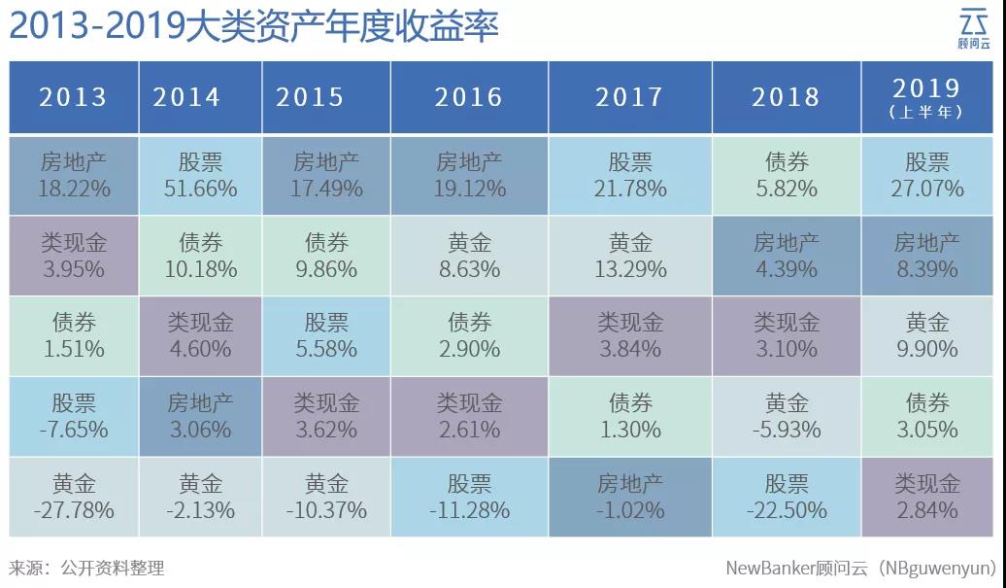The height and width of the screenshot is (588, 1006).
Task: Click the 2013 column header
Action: (x=73, y=97)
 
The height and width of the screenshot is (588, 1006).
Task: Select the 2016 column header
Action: (x=469, y=97)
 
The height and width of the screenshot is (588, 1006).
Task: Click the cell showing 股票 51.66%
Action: (x=200, y=175)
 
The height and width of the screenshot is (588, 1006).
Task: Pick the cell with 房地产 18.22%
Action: (x=73, y=175)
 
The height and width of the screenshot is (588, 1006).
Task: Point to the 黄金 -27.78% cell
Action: (x=73, y=497)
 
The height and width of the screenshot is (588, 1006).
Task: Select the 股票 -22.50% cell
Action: (x=786, y=497)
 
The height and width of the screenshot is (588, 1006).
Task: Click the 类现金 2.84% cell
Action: (x=926, y=497)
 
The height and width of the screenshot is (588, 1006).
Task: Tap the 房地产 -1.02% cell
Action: (x=630, y=497)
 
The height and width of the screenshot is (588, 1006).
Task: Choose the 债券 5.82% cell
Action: (x=786, y=175)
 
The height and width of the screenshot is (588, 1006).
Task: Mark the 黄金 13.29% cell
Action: (x=630, y=256)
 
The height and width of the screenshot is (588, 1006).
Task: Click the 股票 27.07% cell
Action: (x=926, y=175)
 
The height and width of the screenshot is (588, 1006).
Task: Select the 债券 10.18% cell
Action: (x=200, y=256)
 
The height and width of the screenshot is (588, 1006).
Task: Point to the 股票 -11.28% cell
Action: (x=469, y=497)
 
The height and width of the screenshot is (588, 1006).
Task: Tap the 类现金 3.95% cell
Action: (x=73, y=256)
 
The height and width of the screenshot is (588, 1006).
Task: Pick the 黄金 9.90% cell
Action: (x=926, y=335)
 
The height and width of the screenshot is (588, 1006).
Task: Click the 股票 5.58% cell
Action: (x=326, y=335)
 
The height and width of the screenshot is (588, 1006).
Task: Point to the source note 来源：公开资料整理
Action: (x=86, y=568)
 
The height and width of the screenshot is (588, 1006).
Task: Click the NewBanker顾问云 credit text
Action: (x=860, y=568)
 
